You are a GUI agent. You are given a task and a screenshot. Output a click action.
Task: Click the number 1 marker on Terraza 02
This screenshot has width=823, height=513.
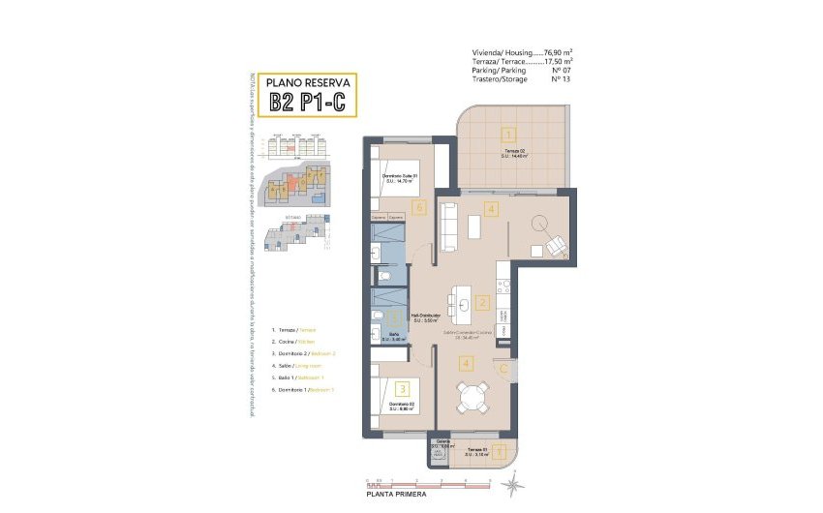coord(509,136)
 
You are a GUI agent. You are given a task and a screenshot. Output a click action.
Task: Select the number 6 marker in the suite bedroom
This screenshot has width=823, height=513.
coord(418,206)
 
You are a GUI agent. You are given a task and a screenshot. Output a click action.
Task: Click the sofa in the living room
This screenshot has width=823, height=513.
coord(449,226)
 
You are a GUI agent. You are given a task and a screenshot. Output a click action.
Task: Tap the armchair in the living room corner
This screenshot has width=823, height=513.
coord(557,247)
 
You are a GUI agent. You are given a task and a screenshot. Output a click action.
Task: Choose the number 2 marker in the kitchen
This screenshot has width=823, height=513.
coord(483,303)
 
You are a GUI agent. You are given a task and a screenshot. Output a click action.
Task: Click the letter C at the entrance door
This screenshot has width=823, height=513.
coord(503,368)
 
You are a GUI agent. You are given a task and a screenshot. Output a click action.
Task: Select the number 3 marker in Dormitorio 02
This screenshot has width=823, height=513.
coord(388,388)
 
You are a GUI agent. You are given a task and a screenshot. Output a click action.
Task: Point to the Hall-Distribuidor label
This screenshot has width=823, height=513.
coord(426,317)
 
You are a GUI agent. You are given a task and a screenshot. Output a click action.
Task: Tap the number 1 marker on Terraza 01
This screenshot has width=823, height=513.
coord(500,451)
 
